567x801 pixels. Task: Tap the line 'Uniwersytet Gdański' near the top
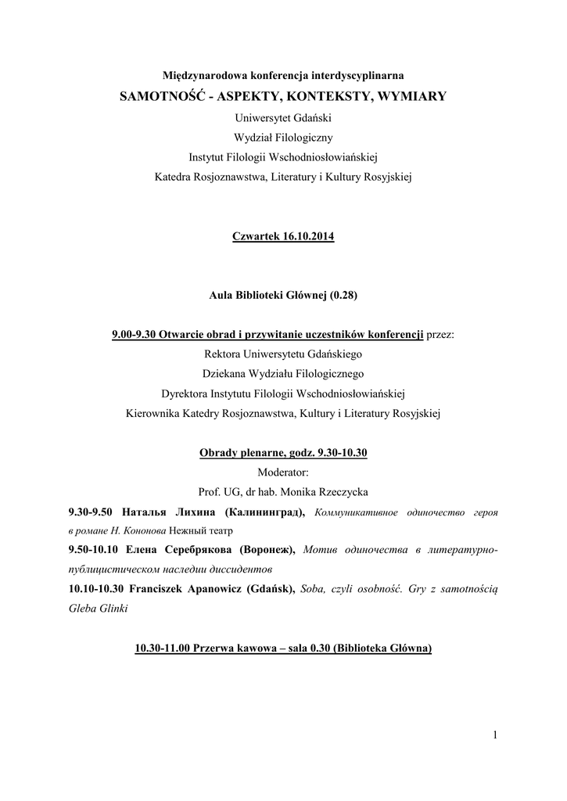click(x=283, y=117)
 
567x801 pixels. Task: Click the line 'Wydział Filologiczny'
click(x=283, y=137)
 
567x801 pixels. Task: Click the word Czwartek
click(x=253, y=236)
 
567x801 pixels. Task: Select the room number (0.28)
click(x=343, y=296)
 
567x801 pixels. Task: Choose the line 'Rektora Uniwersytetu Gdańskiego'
click(x=283, y=354)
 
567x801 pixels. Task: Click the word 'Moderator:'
click(x=283, y=472)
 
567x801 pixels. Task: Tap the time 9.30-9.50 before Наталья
click(x=92, y=512)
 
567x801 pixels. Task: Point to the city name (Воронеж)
click(x=267, y=551)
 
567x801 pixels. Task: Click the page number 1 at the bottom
click(x=496, y=734)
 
